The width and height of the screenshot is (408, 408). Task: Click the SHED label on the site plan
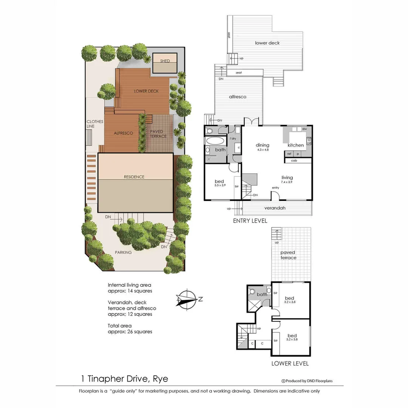pyautogui.click(x=165, y=61)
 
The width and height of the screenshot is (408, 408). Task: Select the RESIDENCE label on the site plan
pyautogui.click(x=134, y=177)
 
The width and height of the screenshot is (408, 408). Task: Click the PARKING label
pyautogui.click(x=124, y=252)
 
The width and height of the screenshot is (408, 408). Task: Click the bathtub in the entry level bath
pyautogui.click(x=215, y=141)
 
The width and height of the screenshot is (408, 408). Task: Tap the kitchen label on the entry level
pyautogui.click(x=295, y=145)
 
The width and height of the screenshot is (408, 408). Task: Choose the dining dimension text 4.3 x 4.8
pyautogui.click(x=262, y=150)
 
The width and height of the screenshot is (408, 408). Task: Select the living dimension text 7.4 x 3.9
pyautogui.click(x=287, y=182)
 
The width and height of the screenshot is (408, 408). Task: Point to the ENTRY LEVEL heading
pyautogui.click(x=250, y=221)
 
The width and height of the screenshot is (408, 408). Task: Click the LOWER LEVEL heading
pyautogui.click(x=290, y=363)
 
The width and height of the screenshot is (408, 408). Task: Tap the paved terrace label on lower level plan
pyautogui.click(x=288, y=255)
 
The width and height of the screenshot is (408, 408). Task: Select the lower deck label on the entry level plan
pyautogui.click(x=267, y=43)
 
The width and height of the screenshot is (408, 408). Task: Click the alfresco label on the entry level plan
pyautogui.click(x=238, y=97)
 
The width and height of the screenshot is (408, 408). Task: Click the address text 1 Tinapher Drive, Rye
pyautogui.click(x=125, y=379)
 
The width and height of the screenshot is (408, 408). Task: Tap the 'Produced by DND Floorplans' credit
pyautogui.click(x=307, y=381)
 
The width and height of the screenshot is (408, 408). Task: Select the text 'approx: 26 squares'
pyautogui.click(x=130, y=332)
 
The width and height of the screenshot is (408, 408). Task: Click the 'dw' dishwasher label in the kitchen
pyautogui.click(x=304, y=129)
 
